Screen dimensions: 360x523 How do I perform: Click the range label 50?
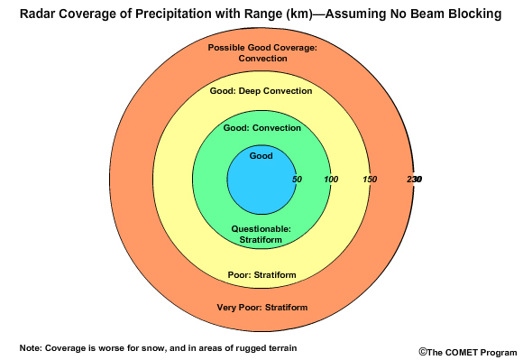pos(297,180)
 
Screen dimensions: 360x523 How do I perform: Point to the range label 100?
pos(331,180)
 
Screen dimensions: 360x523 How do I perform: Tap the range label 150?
pos(370,180)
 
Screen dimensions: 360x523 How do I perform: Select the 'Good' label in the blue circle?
pos(261,156)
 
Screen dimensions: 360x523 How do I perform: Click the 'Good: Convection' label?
pos(261,129)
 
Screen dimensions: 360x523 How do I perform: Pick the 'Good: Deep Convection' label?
pos(261,91)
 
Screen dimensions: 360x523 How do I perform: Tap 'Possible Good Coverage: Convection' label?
pos(262,52)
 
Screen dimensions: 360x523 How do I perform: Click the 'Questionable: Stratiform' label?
pos(261,235)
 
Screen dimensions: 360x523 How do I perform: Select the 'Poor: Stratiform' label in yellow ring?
pos(261,274)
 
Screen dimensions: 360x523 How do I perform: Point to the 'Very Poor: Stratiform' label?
pos(261,308)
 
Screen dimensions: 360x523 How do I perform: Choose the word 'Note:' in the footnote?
pos(31,347)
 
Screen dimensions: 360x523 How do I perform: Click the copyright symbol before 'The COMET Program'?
pos(422,352)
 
